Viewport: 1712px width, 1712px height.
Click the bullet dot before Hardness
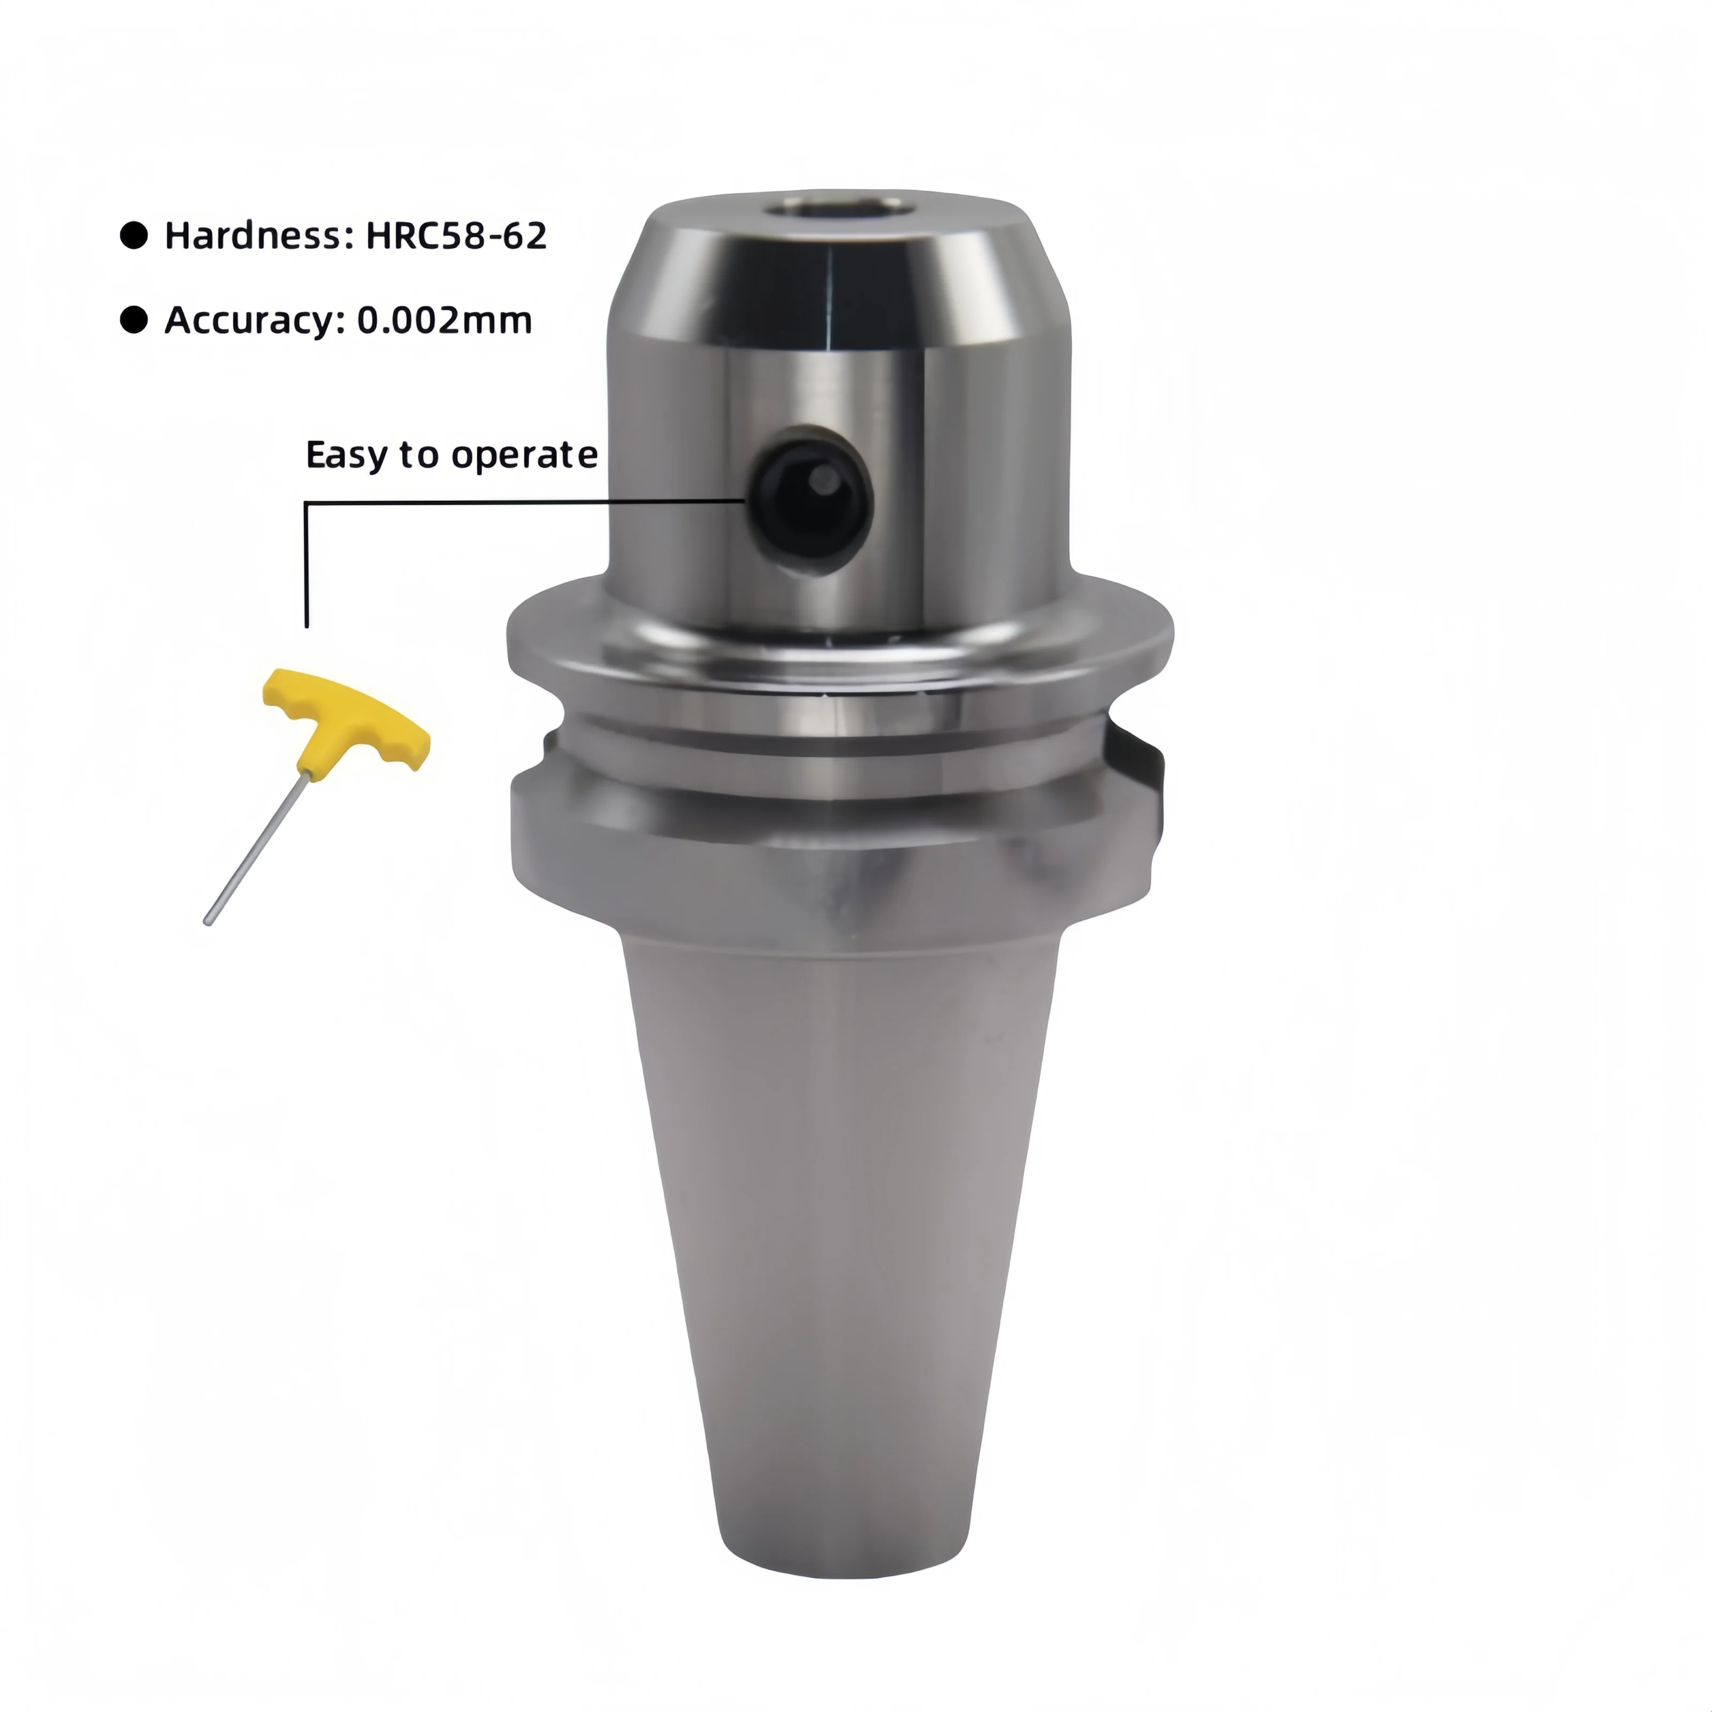pyautogui.click(x=134, y=236)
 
